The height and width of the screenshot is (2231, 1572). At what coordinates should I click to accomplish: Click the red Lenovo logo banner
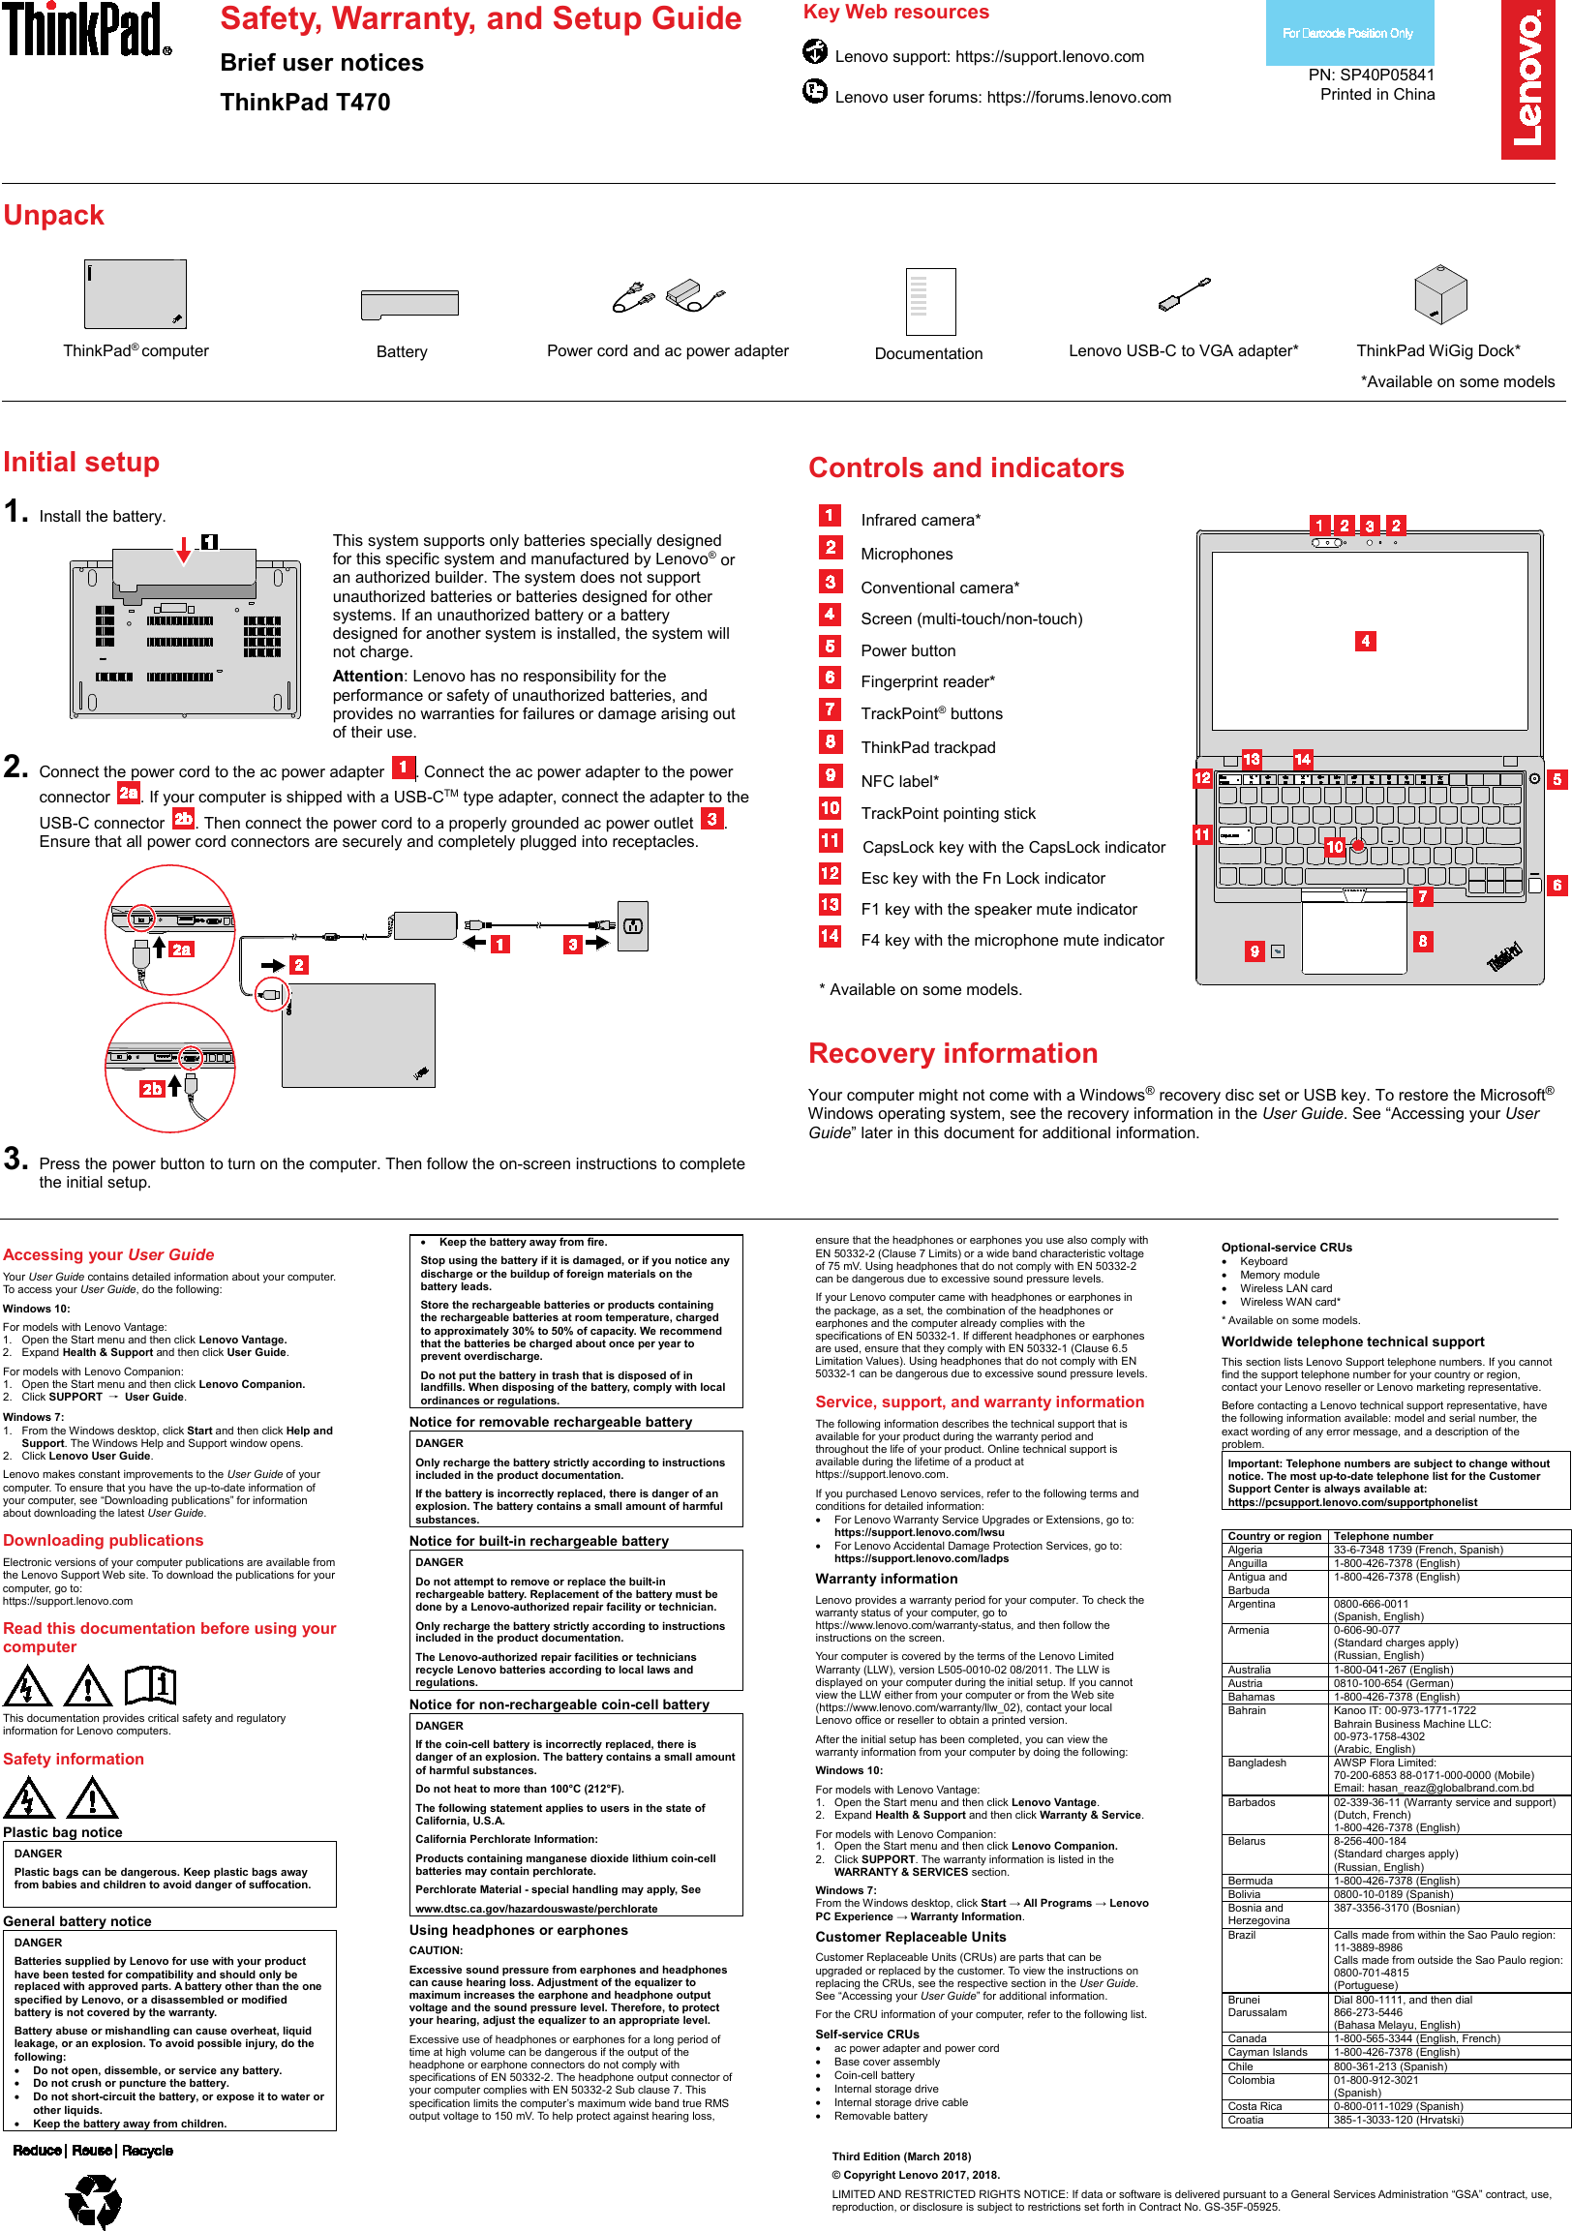pos(1527,79)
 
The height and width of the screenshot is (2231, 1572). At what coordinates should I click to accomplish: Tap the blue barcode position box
pos(1348,33)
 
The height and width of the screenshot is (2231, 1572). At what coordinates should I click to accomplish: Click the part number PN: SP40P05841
pos(1371,75)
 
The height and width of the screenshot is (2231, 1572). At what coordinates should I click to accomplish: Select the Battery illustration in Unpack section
pos(408,304)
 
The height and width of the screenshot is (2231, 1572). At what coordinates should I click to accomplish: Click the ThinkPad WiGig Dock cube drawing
pos(1439,294)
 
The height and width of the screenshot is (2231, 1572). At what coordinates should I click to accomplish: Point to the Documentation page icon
pos(929,301)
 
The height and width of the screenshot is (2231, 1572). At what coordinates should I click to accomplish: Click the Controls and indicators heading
pos(966,468)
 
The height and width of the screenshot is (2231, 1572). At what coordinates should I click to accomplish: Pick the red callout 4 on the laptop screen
pos(1365,642)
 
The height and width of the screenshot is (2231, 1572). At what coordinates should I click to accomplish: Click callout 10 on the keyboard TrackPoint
pos(1335,847)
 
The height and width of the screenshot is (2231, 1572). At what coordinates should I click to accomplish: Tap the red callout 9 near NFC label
pos(1255,951)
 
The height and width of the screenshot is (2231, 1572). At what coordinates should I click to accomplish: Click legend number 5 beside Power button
pos(830,648)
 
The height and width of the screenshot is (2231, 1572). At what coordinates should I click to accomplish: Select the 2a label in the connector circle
pos(181,950)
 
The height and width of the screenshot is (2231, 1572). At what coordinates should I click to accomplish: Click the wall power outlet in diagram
pos(632,925)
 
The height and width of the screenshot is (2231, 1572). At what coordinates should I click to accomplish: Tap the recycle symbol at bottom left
pos(94,2199)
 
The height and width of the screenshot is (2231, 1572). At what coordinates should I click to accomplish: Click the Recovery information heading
pos(952,1053)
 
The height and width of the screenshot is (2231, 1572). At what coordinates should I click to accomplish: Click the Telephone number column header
pos(1382,1536)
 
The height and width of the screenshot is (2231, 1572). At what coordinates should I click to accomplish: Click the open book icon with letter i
pos(151,1685)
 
